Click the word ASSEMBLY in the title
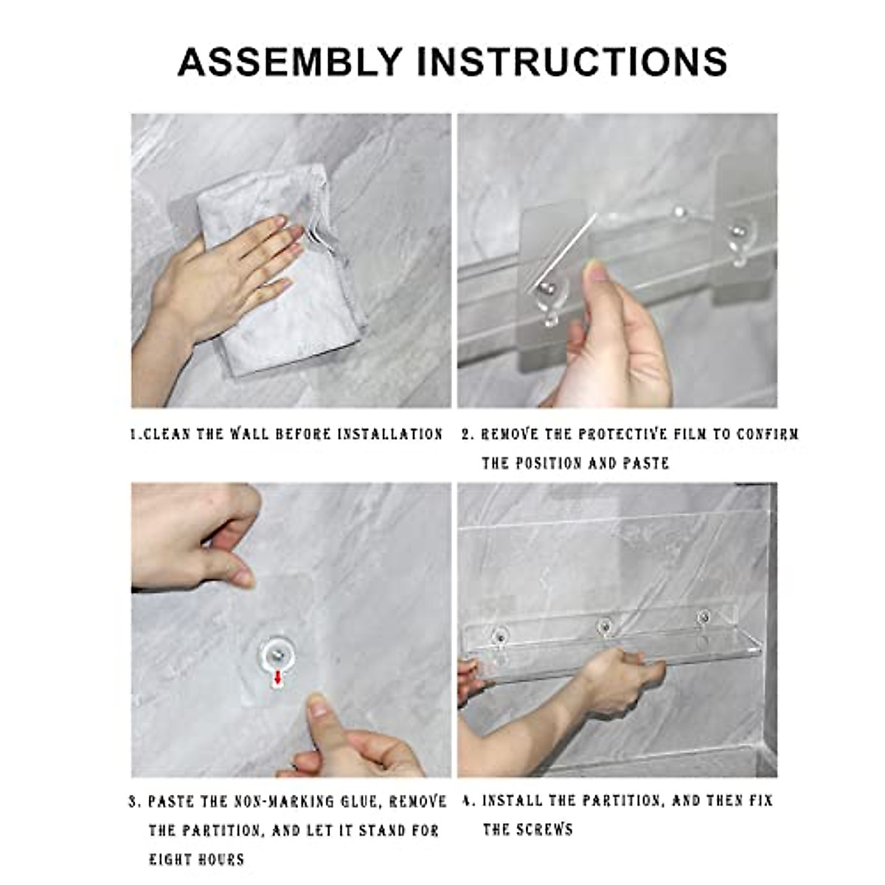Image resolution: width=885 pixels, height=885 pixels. tap(291, 61)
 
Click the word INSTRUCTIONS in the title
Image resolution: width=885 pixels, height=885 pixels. tap(572, 61)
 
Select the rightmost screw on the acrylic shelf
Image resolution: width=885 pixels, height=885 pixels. tap(702, 614)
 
